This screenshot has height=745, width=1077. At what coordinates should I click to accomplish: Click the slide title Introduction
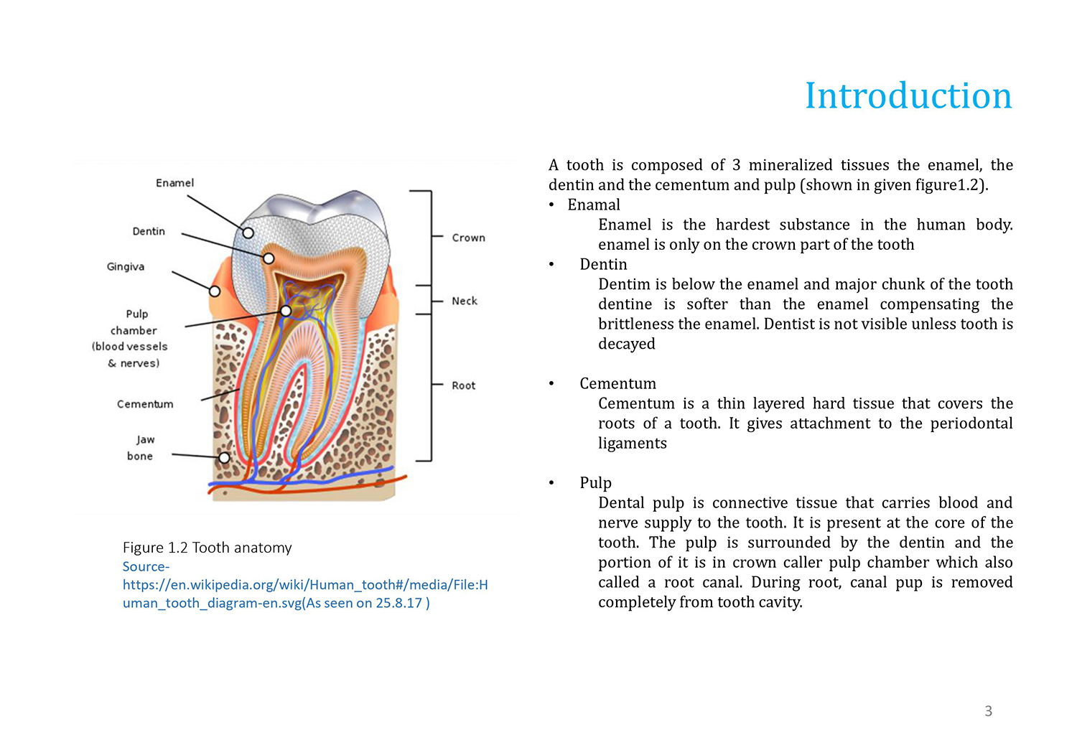coord(908,95)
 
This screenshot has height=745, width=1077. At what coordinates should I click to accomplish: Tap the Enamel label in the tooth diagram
coord(174,182)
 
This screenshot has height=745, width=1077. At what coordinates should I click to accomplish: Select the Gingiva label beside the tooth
coord(126,266)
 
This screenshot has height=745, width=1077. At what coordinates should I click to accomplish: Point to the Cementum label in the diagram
coord(145,404)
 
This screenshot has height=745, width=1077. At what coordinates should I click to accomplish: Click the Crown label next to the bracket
coord(468,238)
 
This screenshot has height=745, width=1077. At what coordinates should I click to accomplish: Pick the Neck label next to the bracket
coord(464,301)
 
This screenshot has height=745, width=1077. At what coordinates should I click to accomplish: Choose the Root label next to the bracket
coord(463,385)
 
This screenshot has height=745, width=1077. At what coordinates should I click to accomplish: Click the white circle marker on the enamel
coord(248,233)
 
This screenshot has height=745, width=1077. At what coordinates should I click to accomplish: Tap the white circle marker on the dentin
coord(269,258)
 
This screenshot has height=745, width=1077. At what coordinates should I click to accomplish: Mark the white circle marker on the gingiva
coord(215,291)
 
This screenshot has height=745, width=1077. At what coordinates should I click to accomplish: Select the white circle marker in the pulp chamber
coord(286,311)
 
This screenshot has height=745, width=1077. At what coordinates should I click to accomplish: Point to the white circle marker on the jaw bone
coord(224,458)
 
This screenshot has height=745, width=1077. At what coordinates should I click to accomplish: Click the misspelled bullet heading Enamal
coord(593,205)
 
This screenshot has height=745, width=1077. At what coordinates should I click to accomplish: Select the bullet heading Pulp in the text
coord(595,482)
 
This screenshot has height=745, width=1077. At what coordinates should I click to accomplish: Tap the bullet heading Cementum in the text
coord(617,383)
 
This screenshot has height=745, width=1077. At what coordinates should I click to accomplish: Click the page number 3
coord(988,711)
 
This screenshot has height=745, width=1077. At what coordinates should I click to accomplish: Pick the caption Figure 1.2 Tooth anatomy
coord(208,548)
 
